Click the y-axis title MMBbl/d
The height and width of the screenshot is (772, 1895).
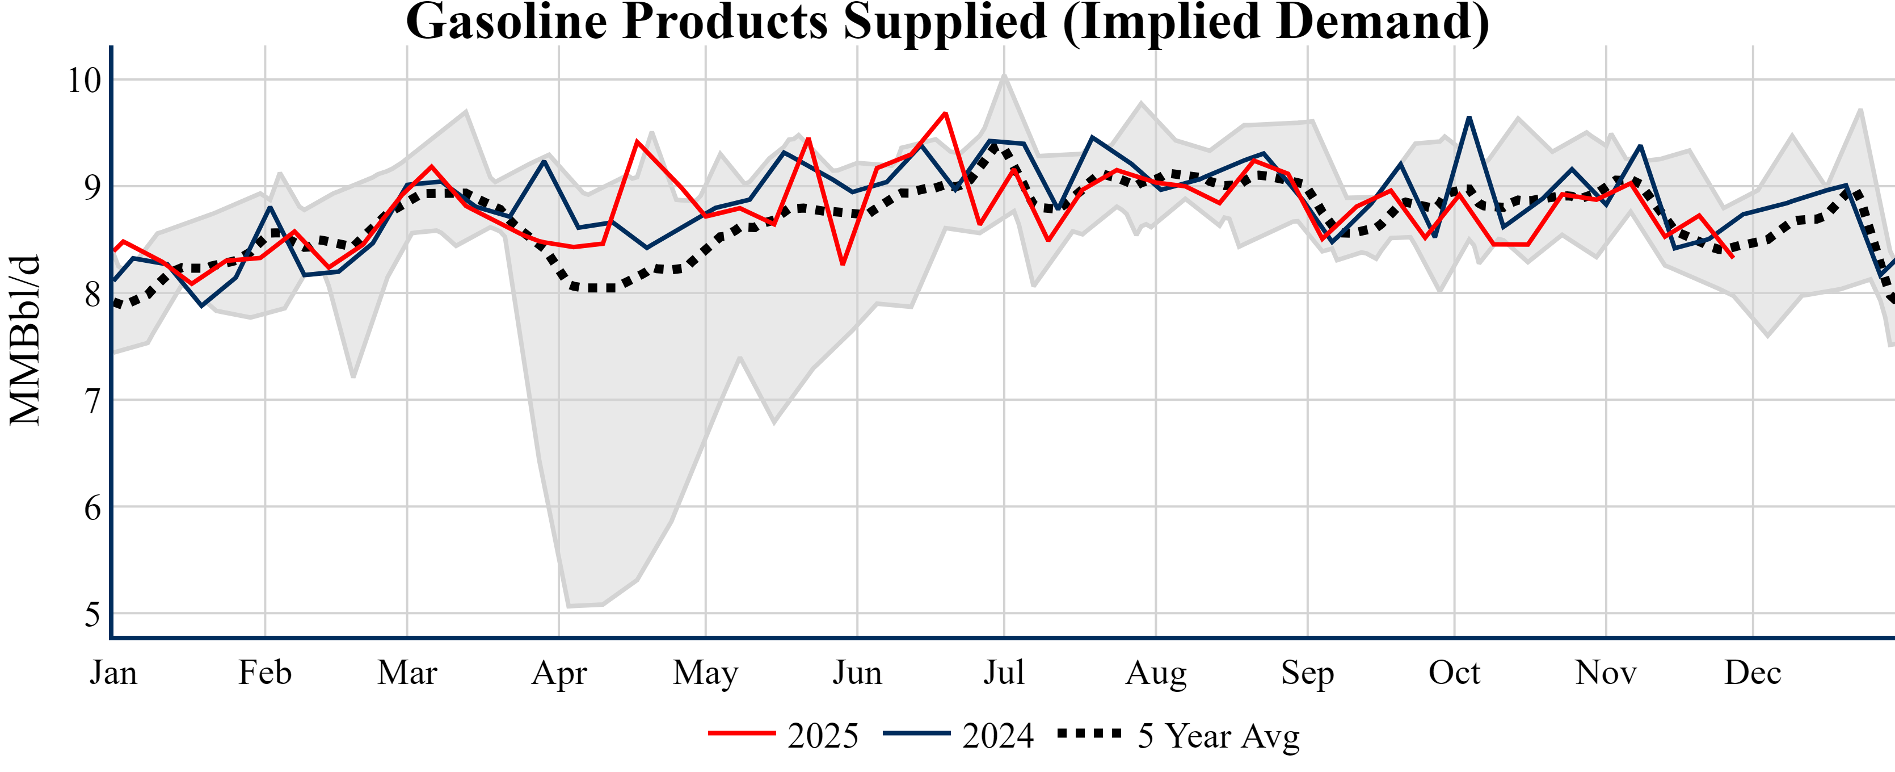[25, 340]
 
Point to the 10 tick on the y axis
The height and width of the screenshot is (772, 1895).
[84, 80]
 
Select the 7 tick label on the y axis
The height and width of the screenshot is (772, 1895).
[91, 401]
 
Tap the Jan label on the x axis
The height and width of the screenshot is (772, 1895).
[113, 673]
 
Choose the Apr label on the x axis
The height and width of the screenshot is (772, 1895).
[559, 673]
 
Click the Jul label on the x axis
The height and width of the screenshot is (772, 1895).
[1004, 673]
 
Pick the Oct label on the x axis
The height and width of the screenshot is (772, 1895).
[1454, 673]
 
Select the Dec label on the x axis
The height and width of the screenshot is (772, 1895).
[1753, 673]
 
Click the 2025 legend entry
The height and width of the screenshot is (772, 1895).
[784, 735]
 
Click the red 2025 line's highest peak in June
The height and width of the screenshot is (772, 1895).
[945, 114]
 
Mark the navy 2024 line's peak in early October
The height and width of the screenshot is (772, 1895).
[1469, 118]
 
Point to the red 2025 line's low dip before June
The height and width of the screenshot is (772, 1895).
[843, 263]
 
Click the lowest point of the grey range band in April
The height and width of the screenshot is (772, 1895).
[568, 606]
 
